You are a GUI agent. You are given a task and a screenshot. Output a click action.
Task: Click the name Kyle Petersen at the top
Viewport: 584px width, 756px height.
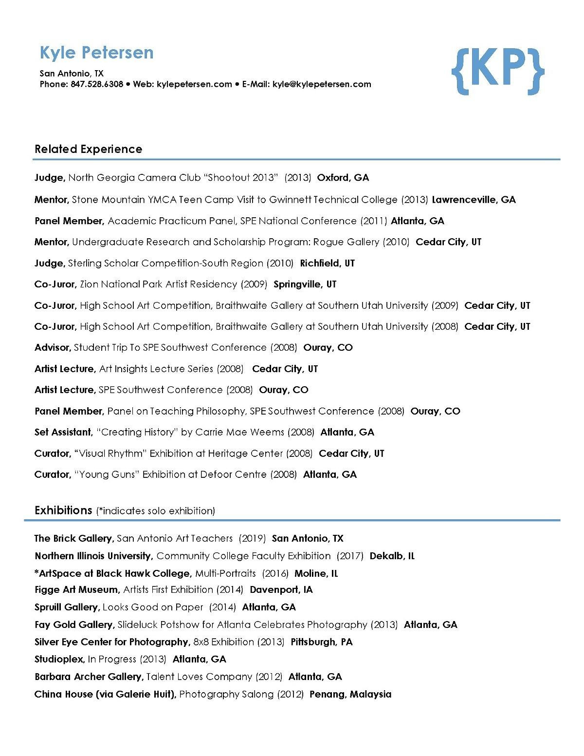(x=96, y=53)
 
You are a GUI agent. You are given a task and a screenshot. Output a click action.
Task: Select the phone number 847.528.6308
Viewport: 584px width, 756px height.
(x=97, y=84)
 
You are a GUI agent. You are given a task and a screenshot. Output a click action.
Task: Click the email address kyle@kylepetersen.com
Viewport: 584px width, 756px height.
(x=322, y=84)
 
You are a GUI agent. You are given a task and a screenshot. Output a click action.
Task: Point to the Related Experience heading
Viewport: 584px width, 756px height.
(x=88, y=149)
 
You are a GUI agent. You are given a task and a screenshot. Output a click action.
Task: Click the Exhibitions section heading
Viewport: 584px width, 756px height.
(x=63, y=510)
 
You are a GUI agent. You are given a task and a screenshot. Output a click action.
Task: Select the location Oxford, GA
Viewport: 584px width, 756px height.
(x=343, y=178)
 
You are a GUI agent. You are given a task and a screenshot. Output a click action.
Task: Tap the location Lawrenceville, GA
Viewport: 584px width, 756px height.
(x=474, y=200)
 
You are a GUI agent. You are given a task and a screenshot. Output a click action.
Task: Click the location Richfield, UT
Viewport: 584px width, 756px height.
(x=327, y=264)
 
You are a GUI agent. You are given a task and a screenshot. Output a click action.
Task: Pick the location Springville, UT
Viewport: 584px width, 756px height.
(x=305, y=284)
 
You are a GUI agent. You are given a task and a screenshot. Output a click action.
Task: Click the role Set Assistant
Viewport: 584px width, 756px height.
(x=63, y=432)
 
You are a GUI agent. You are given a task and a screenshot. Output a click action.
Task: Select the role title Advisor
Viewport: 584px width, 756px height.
(x=53, y=348)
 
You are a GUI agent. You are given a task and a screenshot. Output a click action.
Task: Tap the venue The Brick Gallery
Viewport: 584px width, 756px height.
(x=73, y=538)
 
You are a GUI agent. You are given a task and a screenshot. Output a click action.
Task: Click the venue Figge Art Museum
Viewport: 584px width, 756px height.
(x=76, y=590)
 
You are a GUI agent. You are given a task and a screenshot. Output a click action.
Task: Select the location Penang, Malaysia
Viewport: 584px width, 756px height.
(x=350, y=694)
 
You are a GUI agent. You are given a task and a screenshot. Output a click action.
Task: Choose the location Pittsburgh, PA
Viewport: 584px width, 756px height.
(x=321, y=642)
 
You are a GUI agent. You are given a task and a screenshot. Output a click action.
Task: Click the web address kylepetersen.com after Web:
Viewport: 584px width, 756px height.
(x=194, y=84)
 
